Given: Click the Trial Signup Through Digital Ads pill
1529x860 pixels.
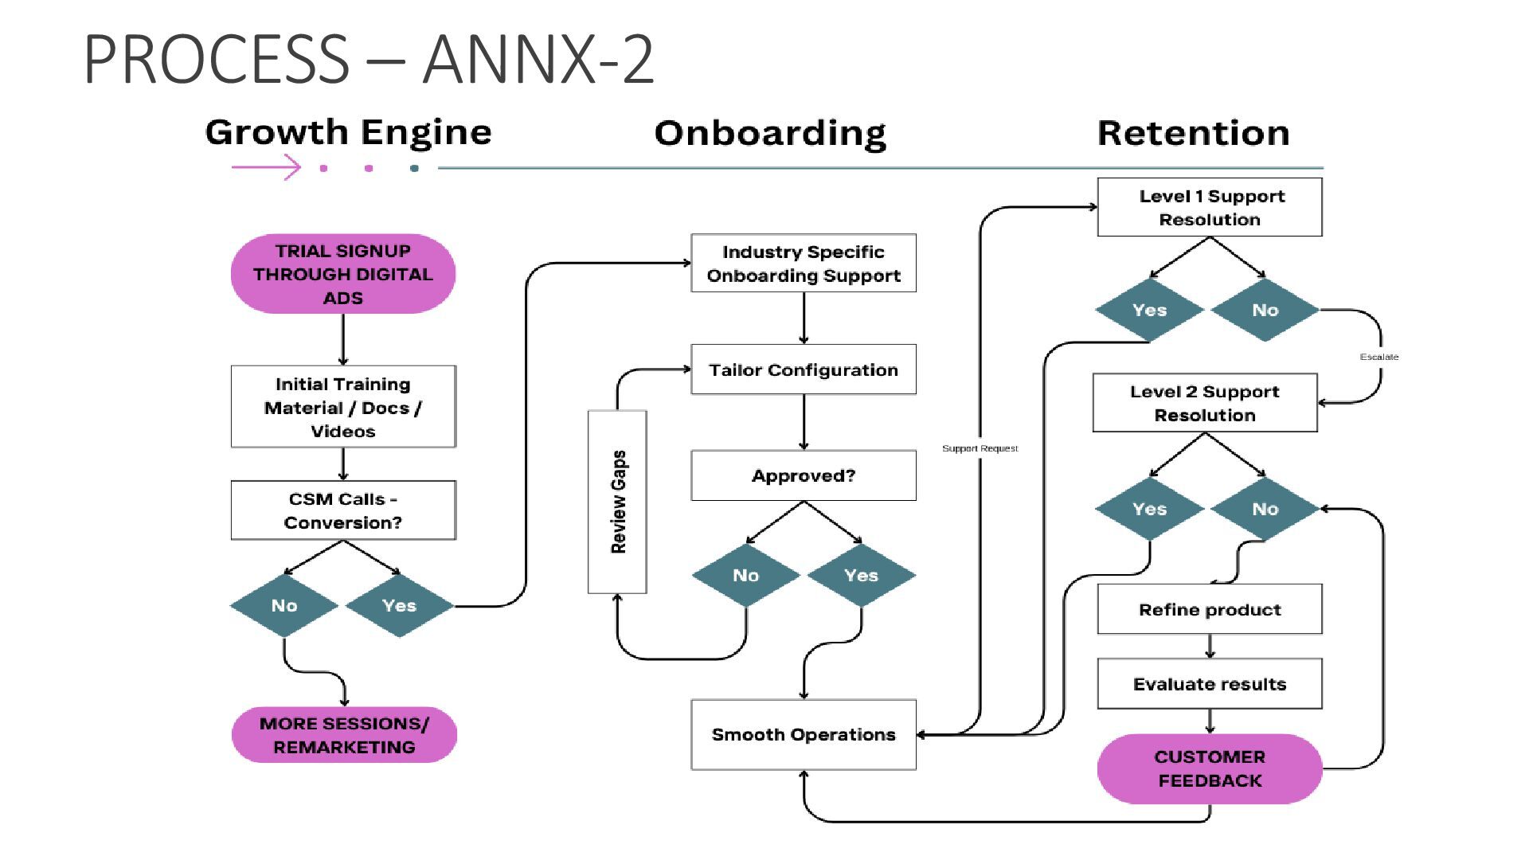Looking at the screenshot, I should [x=342, y=274].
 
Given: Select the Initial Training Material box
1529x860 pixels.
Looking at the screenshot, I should [x=342, y=407].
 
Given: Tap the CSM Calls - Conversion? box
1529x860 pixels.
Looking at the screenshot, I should [x=342, y=510].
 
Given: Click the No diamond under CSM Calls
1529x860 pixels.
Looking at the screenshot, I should [x=284, y=605].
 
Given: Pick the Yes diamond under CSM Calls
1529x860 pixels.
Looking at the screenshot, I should [x=399, y=605].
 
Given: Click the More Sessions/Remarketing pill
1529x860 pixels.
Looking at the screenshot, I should [x=344, y=735].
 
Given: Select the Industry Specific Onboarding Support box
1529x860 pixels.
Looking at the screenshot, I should [x=803, y=264].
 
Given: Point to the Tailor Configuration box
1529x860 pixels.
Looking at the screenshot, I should [x=803, y=369].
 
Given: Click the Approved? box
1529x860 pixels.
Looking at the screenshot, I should [x=803, y=475].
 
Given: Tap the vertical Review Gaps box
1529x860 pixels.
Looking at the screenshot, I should [x=617, y=502].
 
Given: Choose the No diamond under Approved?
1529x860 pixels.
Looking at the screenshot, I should [x=745, y=575].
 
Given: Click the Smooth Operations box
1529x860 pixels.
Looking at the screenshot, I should [x=803, y=734].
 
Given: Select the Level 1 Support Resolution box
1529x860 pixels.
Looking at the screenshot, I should [x=1209, y=207].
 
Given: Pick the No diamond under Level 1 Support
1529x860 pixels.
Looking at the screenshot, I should [x=1265, y=310].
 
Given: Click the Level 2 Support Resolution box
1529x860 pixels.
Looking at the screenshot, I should [x=1204, y=403].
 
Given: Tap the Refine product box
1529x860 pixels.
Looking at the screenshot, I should [x=1209, y=609].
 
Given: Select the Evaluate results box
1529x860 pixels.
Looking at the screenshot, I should [x=1209, y=684].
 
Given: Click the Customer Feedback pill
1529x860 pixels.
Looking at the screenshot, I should [x=1209, y=768].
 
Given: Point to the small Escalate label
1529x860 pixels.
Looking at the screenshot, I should [x=1378, y=357].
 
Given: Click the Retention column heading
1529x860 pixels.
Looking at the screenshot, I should [x=1193, y=133].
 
